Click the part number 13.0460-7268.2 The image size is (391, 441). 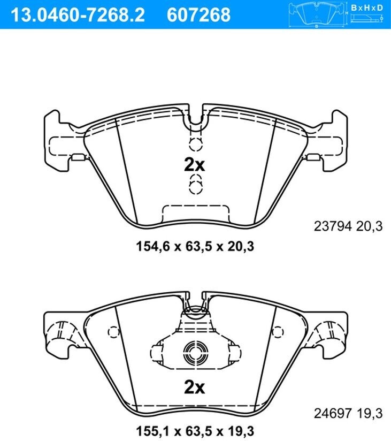pos(78,14)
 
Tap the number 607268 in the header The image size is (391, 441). pos(198,14)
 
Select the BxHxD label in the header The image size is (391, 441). pos(367,8)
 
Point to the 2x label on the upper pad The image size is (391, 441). pos(195,164)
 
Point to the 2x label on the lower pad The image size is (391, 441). pos(195,387)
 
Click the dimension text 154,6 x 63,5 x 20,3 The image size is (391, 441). pos(195,246)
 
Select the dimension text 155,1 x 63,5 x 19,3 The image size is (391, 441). pos(195,431)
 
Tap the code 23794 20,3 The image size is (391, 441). pos(348,226)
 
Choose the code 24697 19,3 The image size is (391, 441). pos(348,413)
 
